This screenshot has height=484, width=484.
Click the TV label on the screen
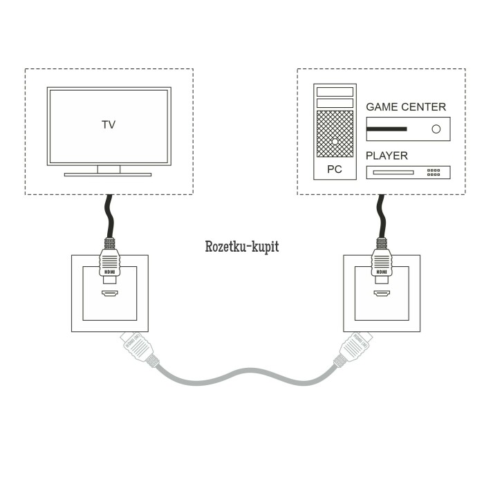pos(109,125)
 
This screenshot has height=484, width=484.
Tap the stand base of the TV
pos(108,174)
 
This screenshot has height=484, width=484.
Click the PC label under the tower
pos(335,168)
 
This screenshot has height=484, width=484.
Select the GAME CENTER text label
pos(406,107)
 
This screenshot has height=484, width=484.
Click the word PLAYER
pos(387,156)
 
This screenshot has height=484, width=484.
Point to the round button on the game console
pos(436,129)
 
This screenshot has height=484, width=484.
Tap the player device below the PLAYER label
pos(407,172)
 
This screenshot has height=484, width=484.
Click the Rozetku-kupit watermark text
pos(242,246)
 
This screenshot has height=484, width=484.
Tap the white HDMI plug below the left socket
pos(135,348)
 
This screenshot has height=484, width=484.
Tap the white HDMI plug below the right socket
pos(354,348)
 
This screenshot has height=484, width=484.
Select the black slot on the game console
pos(387,129)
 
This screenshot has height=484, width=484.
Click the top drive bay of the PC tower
pos(335,91)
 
